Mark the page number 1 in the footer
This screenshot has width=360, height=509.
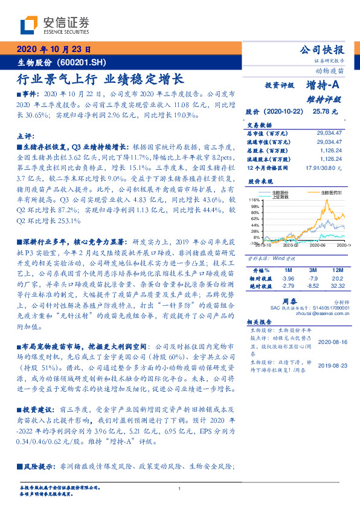[180, 489]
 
